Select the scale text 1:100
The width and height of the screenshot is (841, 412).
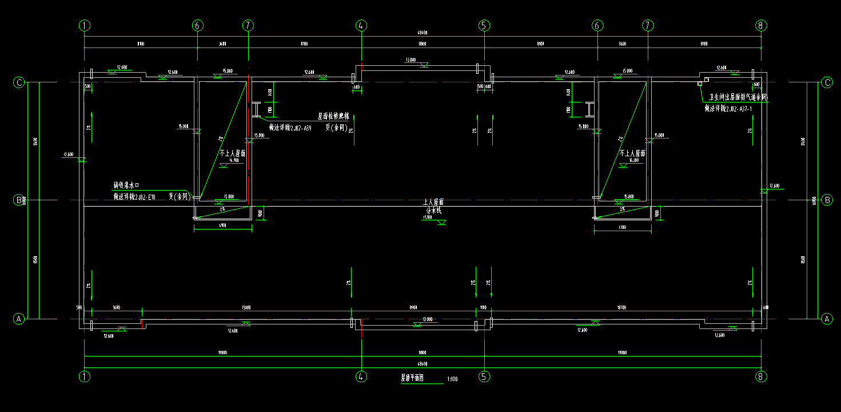click(452, 379)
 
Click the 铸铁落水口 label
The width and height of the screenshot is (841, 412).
click(126, 185)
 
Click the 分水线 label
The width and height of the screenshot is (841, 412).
click(433, 210)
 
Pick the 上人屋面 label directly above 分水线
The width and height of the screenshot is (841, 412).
click(433, 203)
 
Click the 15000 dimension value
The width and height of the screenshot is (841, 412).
click(246, 308)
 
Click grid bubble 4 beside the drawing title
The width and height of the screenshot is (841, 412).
click(361, 377)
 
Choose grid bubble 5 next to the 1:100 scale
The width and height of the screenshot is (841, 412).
click(484, 377)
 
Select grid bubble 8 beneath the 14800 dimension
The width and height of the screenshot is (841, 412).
click(760, 377)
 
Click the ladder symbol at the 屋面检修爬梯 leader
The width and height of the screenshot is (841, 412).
click(255, 109)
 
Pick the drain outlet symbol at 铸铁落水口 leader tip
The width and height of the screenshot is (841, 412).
click(196, 197)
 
